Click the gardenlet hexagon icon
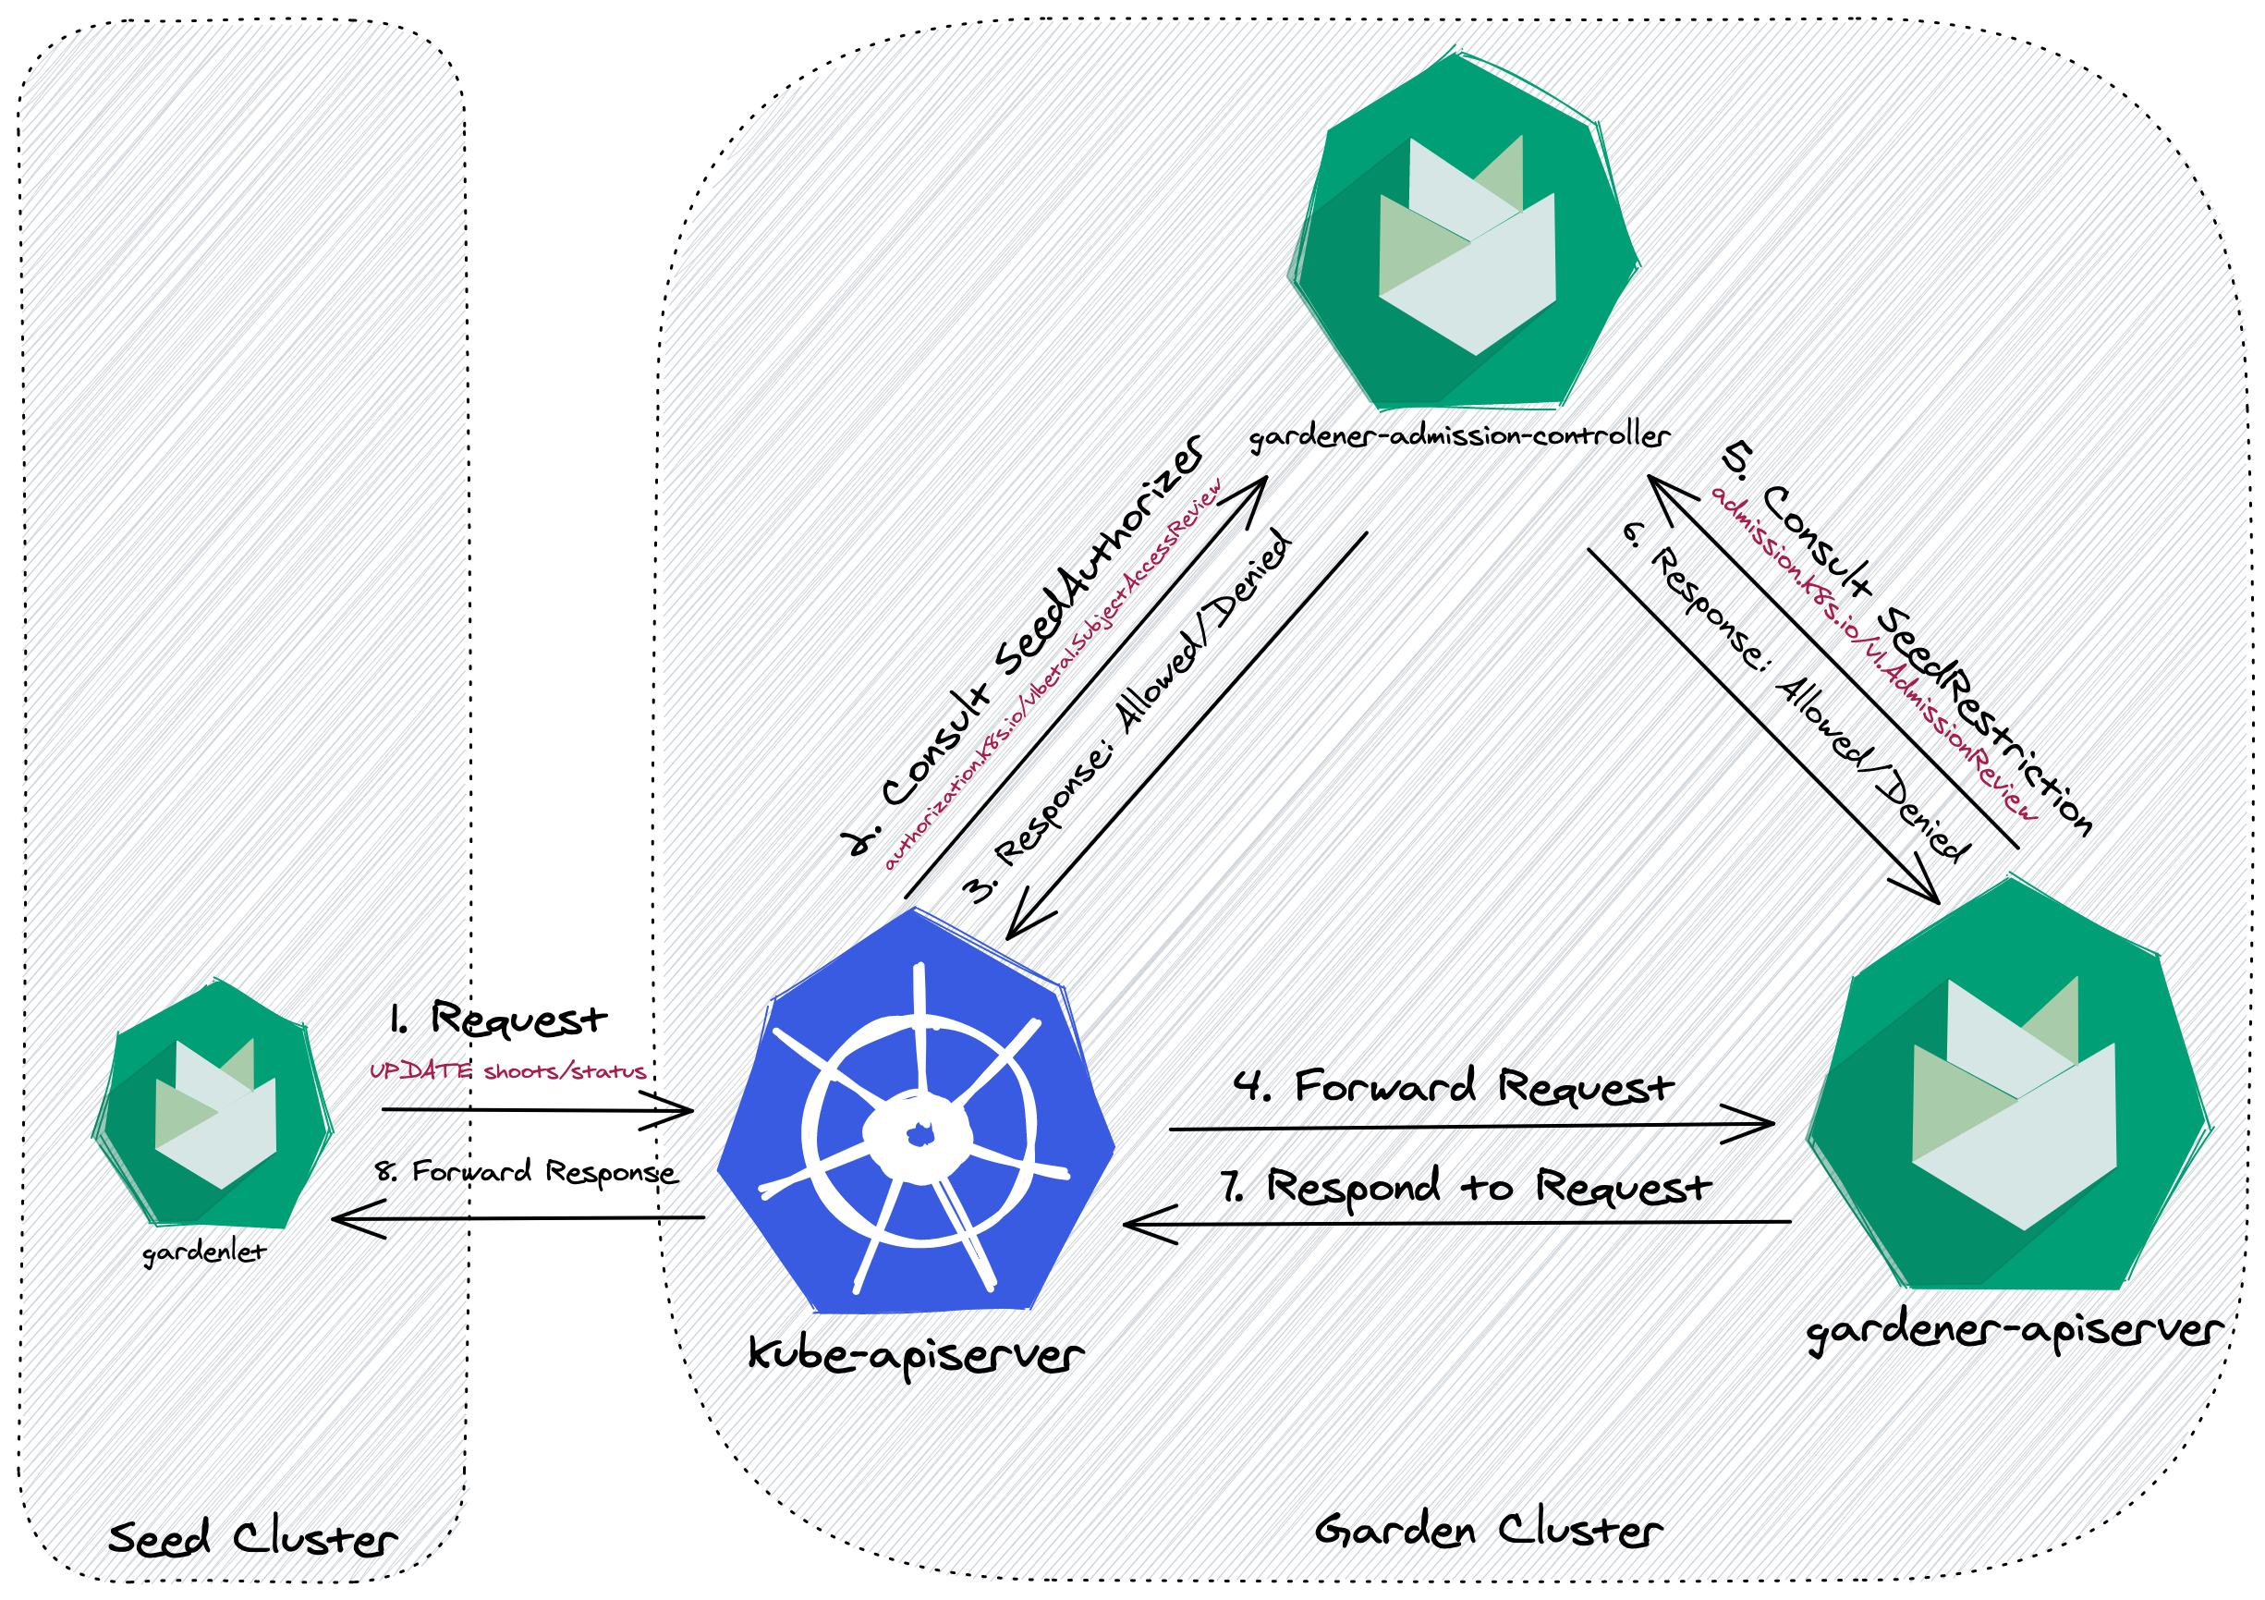213,1105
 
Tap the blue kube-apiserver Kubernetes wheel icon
917,1124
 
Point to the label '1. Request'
498,1019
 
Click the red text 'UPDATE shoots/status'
507,1071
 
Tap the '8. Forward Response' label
526,1172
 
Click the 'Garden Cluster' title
1488,1530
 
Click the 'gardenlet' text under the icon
204,1252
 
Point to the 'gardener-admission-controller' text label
1459,436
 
